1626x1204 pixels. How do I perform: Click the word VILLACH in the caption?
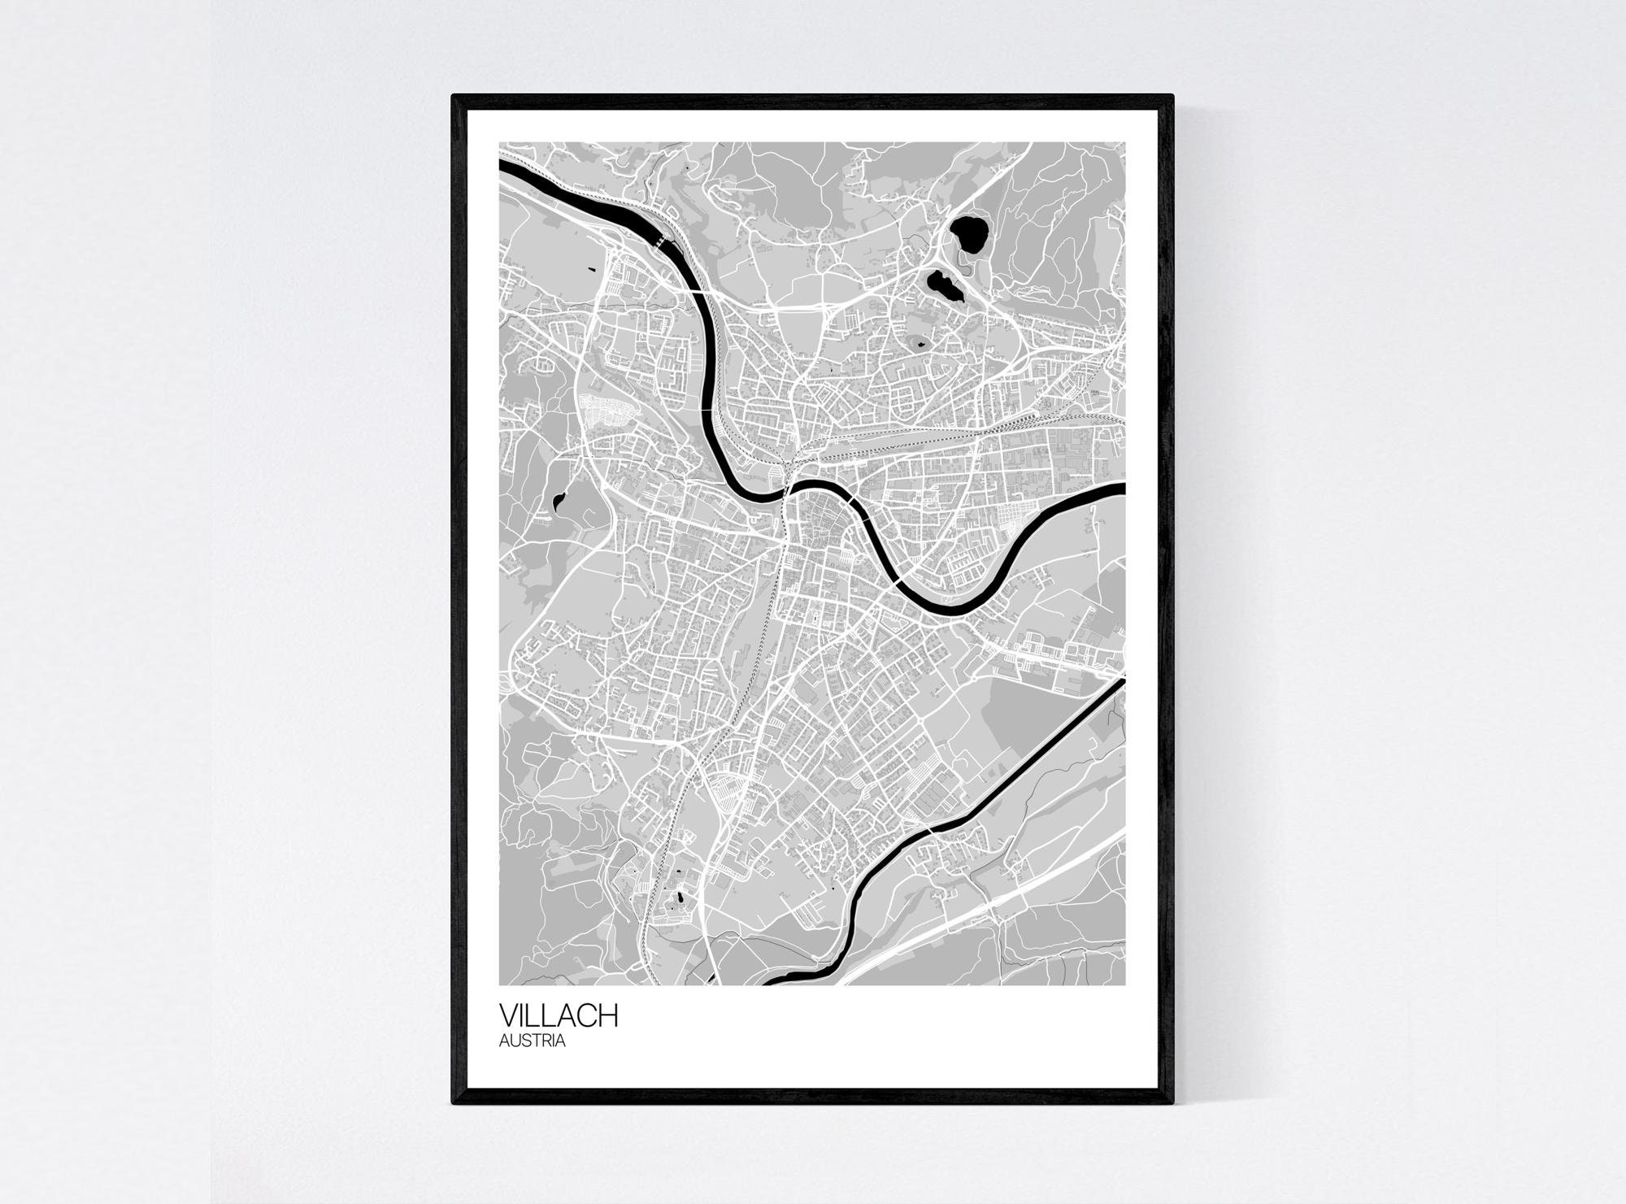tap(559, 1017)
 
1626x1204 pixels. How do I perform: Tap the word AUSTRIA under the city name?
tap(533, 1041)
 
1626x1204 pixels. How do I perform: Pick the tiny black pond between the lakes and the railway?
tap(920, 344)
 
